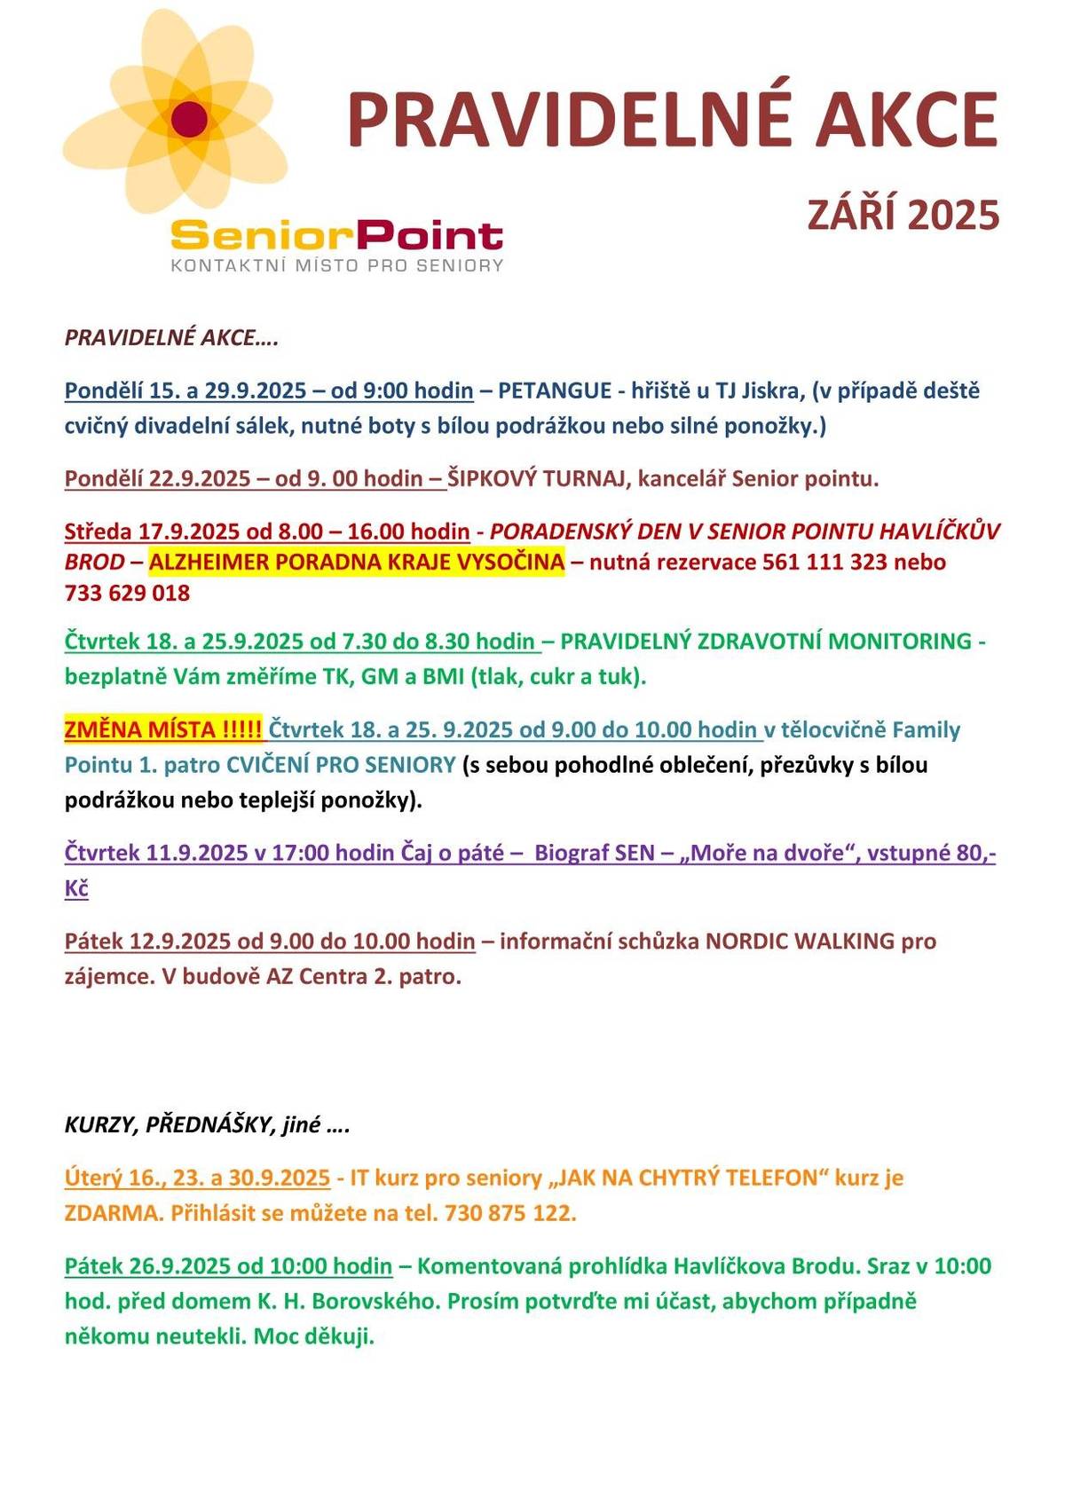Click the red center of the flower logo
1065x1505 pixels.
pos(189,119)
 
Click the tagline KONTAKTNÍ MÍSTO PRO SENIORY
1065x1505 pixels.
pos(336,265)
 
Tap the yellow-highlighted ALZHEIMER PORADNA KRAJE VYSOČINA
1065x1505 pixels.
pos(357,562)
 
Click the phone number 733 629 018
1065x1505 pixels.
pos(127,593)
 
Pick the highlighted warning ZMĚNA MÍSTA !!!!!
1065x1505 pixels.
pos(163,729)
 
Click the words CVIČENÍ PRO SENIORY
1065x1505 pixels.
pos(341,765)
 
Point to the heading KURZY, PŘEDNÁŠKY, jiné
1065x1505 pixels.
pos(206,1125)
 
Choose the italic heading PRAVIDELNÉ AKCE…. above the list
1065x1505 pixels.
pos(171,338)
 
